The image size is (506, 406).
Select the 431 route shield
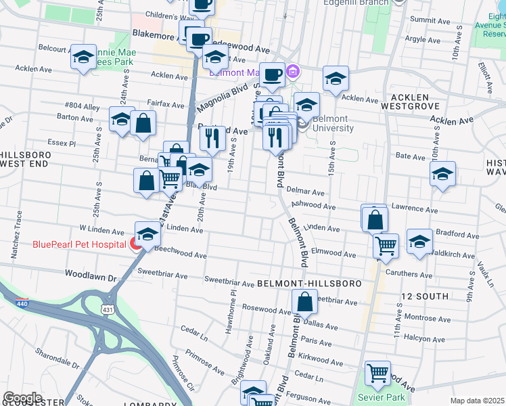pyautogui.click(x=108, y=309)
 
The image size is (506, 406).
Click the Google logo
pyautogui.click(x=22, y=398)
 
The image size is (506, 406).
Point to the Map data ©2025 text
pyautogui.click(x=477, y=401)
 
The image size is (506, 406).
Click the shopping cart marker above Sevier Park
pyautogui.click(x=377, y=373)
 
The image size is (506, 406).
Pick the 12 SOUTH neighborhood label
pyautogui.click(x=424, y=296)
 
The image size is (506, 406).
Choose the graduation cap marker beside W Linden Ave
pyautogui.click(x=147, y=235)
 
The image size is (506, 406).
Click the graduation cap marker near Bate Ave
pyautogui.click(x=442, y=174)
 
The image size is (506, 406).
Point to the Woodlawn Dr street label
pyautogui.click(x=91, y=274)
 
